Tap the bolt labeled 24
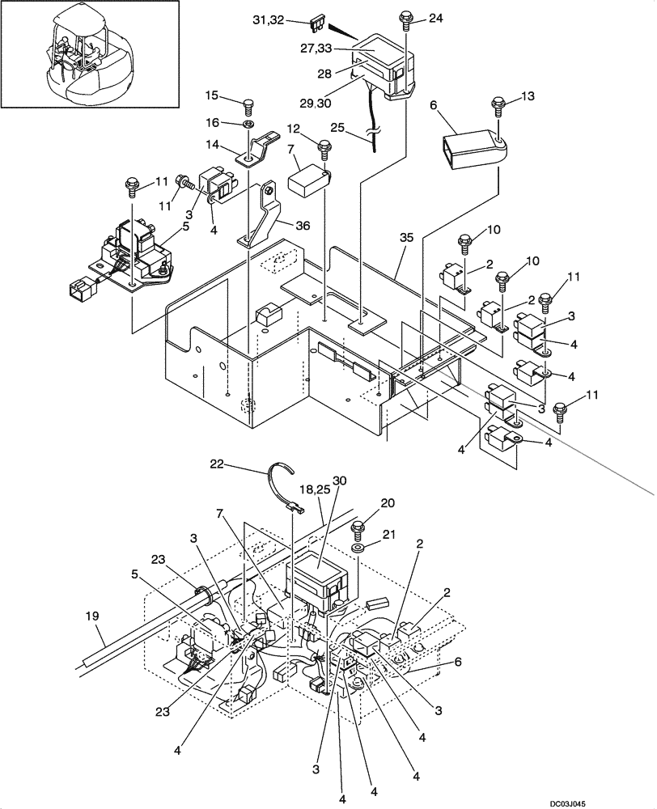[405, 17]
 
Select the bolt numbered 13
[498, 104]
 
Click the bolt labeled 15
[248, 105]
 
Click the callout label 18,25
[313, 490]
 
